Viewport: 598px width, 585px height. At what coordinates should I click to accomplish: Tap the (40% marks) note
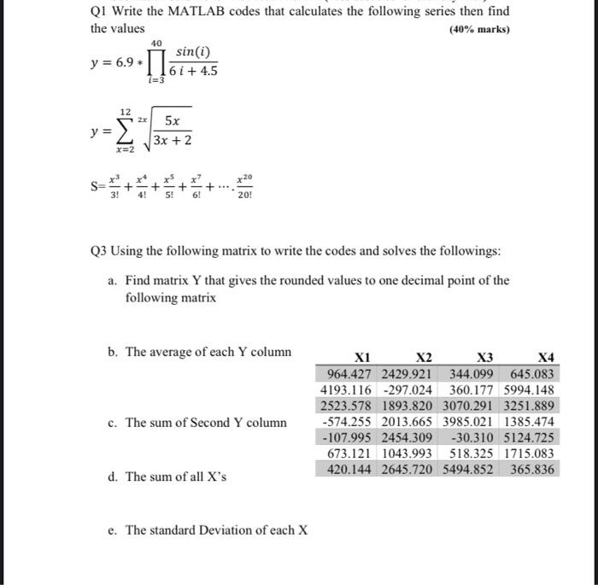[479, 29]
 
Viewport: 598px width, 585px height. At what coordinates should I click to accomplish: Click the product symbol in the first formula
[156, 62]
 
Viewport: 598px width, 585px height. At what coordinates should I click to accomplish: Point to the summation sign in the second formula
[126, 132]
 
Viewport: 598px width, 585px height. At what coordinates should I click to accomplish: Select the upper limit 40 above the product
[155, 42]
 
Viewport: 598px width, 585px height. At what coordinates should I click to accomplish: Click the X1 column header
[363, 357]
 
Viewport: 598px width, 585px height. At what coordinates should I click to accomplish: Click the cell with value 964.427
[351, 373]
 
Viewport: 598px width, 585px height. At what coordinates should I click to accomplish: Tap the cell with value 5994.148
[529, 389]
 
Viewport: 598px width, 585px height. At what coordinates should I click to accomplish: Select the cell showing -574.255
[349, 421]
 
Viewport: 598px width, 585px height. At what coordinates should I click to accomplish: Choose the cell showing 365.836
[532, 469]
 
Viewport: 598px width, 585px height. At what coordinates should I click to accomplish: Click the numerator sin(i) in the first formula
[192, 52]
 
